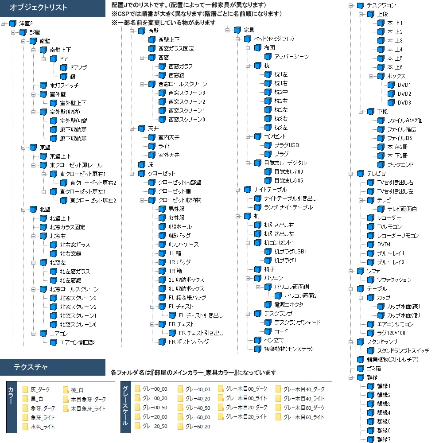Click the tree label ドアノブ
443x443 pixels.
click(78, 67)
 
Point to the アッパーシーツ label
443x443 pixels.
click(291, 57)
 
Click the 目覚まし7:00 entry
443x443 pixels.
click(289, 172)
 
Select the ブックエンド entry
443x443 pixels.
click(400, 165)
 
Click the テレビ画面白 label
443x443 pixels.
click(402, 209)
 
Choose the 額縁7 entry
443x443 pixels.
click(384, 439)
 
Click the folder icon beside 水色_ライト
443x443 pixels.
click(25, 427)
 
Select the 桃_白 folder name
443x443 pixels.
click(77, 390)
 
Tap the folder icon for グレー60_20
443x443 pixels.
click(181, 426)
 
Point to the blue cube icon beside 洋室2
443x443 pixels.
click(13, 23)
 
